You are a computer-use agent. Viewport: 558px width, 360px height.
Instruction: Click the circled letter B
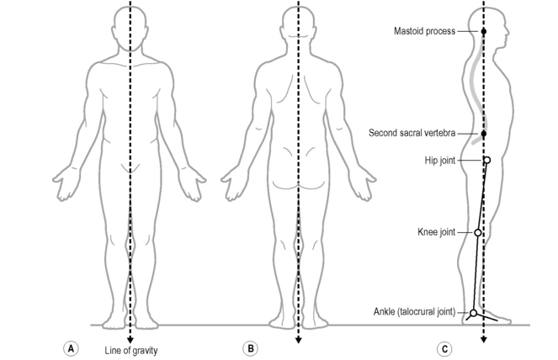tap(249, 348)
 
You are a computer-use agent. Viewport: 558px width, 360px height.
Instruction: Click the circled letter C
tap(444, 348)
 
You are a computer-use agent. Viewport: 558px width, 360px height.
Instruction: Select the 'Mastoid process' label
tap(424, 31)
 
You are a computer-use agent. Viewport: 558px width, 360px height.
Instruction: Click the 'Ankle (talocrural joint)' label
tap(414, 312)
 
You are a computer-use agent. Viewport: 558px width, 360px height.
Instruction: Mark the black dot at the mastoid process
tap(484, 31)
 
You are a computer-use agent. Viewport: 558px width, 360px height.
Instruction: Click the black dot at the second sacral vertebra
tap(484, 134)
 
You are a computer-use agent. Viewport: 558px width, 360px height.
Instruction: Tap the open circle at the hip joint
tap(486, 160)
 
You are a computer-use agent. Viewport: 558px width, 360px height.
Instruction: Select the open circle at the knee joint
tap(478, 232)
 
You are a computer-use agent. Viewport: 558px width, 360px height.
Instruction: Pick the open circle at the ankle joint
tap(473, 313)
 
